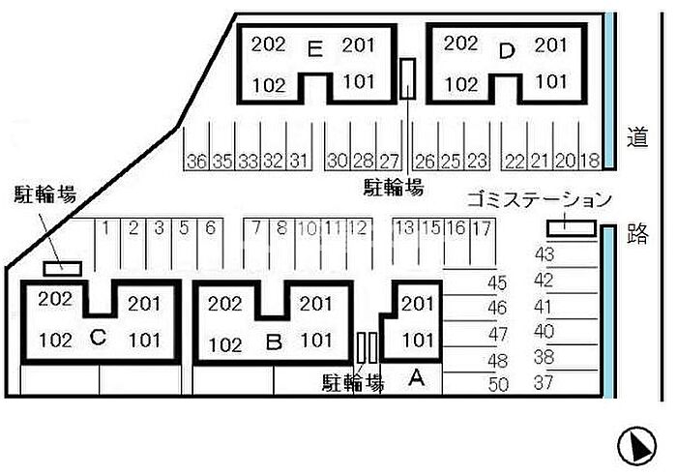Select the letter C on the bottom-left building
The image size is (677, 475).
coord(97,338)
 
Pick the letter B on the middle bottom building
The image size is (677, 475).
coord(274,341)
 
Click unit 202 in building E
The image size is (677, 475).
coord(268,44)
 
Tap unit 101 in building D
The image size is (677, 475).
coord(551,81)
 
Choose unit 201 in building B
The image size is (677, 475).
coord(315,304)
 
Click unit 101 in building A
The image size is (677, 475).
coord(418,340)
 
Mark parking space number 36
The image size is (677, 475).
coord(197,161)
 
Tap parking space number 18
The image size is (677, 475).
coord(591,161)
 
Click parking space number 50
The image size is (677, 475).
coord(498,384)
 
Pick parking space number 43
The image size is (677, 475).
coord(544,255)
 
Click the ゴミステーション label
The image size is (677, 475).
coord(539,200)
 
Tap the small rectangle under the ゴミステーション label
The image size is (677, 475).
coord(571,227)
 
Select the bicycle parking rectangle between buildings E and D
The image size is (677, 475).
coord(408,79)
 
